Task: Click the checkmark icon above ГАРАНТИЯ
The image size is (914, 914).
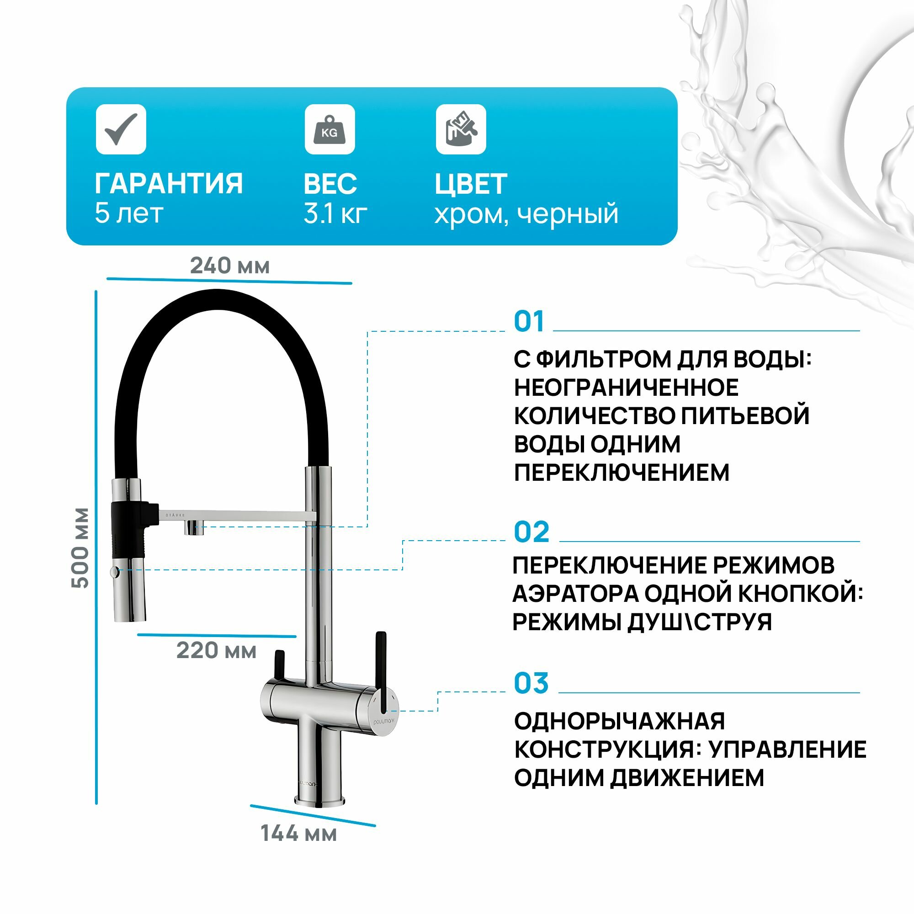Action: (x=121, y=129)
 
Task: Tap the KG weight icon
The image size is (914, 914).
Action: (x=330, y=129)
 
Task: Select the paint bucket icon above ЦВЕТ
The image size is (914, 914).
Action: (x=461, y=129)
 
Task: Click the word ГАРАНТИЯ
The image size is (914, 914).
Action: (x=169, y=184)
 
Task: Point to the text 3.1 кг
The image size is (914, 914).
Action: (x=335, y=214)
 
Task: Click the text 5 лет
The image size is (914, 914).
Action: (x=129, y=213)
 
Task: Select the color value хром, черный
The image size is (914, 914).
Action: (x=526, y=214)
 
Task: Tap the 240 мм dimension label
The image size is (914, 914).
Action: (x=230, y=266)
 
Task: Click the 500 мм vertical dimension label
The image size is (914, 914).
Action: (x=80, y=548)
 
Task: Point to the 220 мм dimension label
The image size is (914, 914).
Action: (x=217, y=650)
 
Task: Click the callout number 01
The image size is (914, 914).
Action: (x=529, y=322)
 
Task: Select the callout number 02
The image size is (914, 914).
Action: (x=531, y=532)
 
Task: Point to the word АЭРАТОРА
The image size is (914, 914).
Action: (x=575, y=593)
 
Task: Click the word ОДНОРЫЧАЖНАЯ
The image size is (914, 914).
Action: (x=619, y=722)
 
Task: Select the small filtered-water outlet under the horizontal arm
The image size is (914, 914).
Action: (x=194, y=527)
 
